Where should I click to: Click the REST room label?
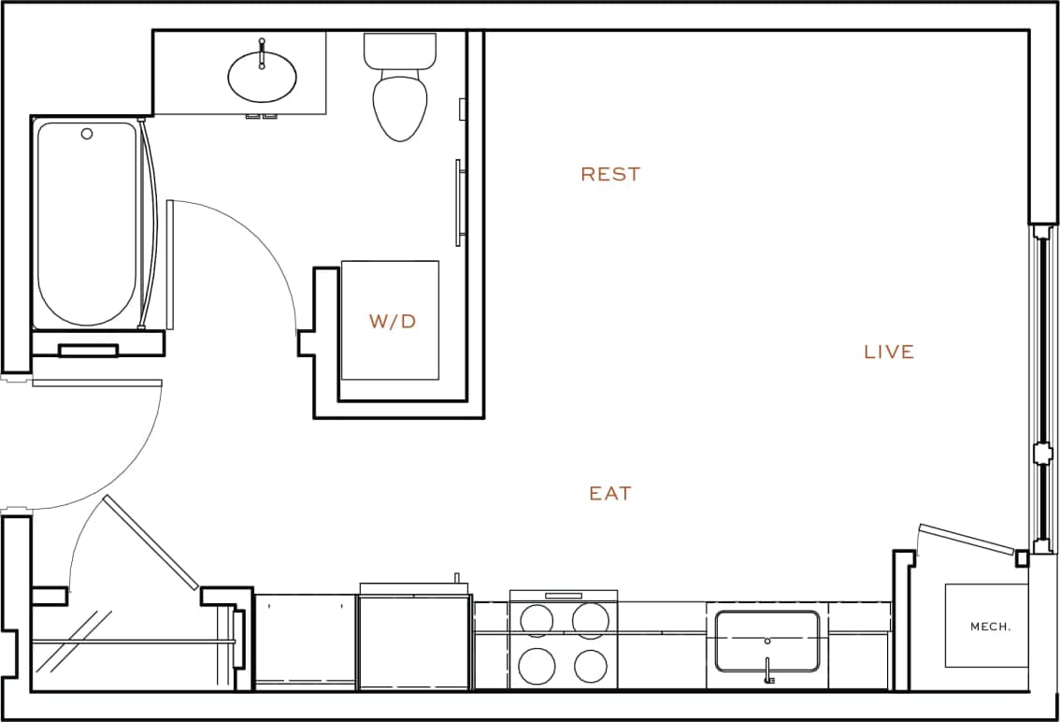coord(610,174)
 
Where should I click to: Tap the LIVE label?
coord(889,352)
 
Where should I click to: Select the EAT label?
coord(610,493)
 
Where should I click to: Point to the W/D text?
coord(393,322)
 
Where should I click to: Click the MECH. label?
coord(990,627)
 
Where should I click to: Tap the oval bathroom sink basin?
coord(263,77)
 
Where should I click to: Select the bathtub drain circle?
coord(87,134)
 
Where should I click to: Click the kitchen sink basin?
coord(767,641)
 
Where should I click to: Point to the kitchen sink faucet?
coord(768,671)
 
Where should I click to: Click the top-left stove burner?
coord(537,620)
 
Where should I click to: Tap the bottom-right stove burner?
coord(592,666)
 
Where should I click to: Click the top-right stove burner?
coord(592,620)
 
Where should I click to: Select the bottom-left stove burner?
coord(537,666)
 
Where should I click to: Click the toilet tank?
coord(401,50)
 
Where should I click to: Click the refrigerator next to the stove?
coord(413,643)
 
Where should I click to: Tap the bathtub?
coord(86,224)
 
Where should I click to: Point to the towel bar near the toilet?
coord(458,203)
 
